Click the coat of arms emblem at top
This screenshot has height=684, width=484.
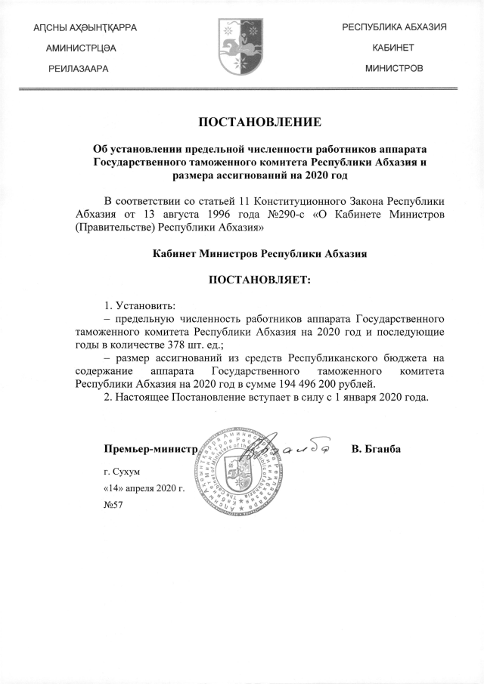click(x=241, y=48)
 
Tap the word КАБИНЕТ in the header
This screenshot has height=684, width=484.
click(x=393, y=47)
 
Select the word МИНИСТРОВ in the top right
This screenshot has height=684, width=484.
click(x=393, y=68)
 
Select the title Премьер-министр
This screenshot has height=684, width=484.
click(x=150, y=449)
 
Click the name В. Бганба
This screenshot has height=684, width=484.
click(x=376, y=449)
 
